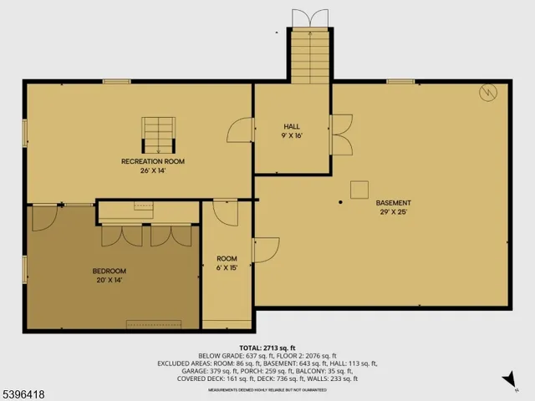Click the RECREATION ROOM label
coord(153,161)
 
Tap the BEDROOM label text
coord(109,271)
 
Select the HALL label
coord(291,127)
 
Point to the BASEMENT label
coord(393,203)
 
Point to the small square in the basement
coord(359,189)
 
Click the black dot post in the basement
coord(340,202)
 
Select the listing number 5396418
coord(25,390)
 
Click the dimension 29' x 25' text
coord(393,213)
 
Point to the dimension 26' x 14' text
coord(153,171)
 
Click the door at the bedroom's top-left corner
coord(43,219)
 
